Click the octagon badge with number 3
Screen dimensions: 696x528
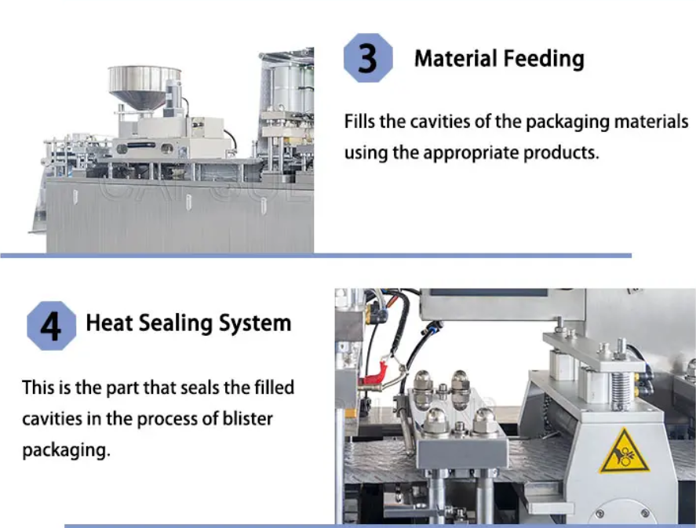368,58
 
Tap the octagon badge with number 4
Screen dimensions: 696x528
52,326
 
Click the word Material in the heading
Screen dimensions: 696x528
455,59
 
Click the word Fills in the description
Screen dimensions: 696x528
359,121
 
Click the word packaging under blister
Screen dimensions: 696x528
66,451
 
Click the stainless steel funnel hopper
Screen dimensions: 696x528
144,86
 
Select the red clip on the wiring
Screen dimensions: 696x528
374,375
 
